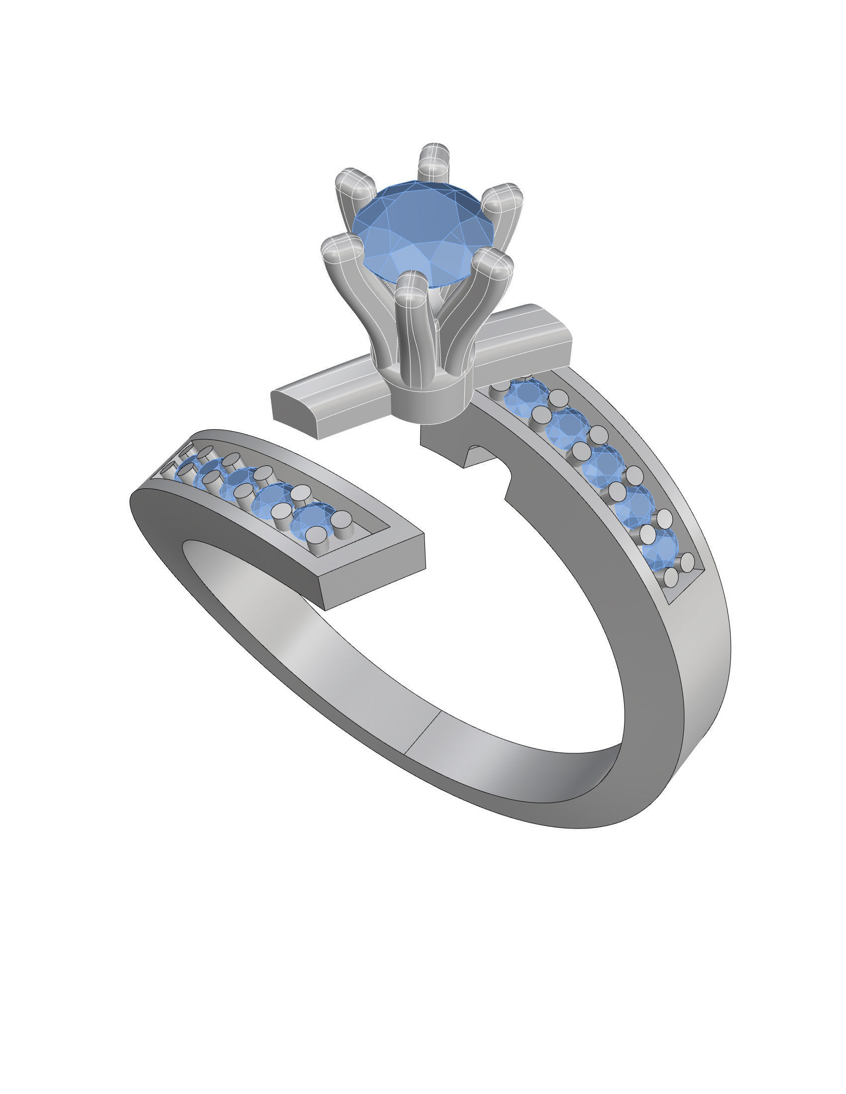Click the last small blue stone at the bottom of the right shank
pos(660,548)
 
